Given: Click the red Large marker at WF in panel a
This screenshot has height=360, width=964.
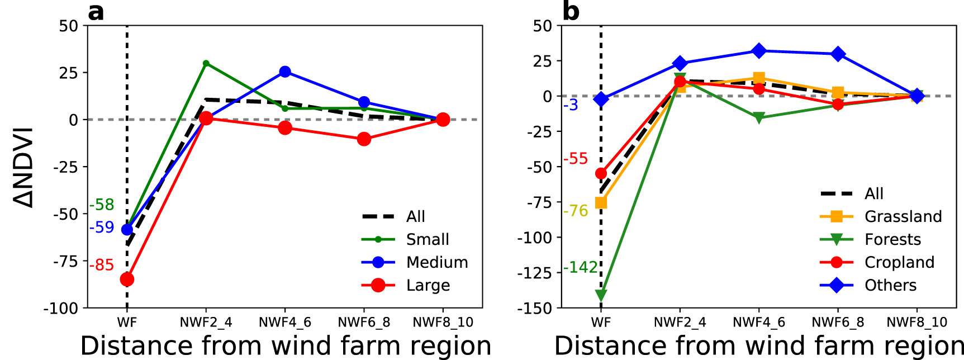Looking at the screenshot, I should pos(127,279).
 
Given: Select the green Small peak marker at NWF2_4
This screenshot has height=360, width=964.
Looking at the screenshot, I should pos(206,63).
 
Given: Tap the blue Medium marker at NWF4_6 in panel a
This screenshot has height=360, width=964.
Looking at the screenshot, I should pos(285,72).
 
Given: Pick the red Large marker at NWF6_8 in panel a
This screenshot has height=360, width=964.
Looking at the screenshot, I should pos(364,139).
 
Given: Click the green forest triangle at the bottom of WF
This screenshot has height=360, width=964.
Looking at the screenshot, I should pos(601,295).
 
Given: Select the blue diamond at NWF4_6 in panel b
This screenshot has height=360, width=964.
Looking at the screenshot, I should pos(758,51).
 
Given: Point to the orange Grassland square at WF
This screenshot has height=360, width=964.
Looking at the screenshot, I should pos(601,202).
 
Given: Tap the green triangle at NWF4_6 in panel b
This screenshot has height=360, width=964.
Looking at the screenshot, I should pos(758,118).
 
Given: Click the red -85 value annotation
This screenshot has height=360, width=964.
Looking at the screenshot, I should pos(102,265).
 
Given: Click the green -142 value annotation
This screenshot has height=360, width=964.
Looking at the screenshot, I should pos(580,267).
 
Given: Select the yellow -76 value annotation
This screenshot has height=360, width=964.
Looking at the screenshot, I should pos(576,211).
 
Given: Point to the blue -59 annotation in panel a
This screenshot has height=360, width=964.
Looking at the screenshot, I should pos(102,228).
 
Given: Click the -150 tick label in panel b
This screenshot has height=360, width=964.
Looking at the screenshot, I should pos(535,309).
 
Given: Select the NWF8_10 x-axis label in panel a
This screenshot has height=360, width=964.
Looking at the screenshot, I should pos(443,323).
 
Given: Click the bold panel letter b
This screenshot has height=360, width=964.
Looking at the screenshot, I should pos(571,11).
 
